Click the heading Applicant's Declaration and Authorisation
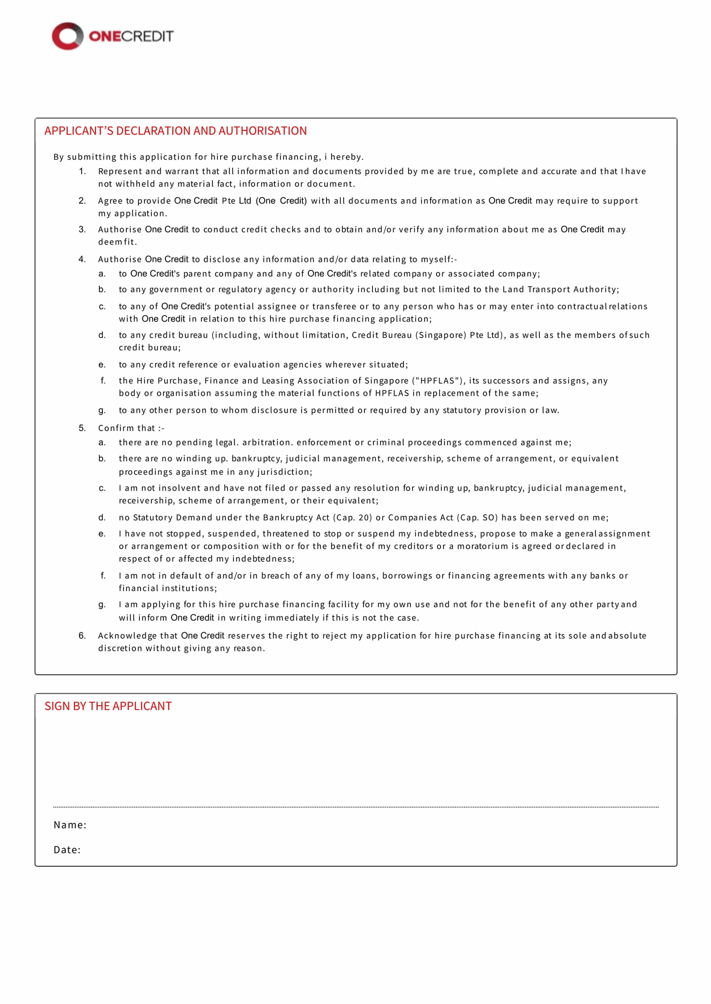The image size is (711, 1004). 176,131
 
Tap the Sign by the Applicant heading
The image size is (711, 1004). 108,706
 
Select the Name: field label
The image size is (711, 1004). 70,825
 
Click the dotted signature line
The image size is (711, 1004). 355,807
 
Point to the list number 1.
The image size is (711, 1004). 82,171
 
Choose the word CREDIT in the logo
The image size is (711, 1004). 147,36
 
